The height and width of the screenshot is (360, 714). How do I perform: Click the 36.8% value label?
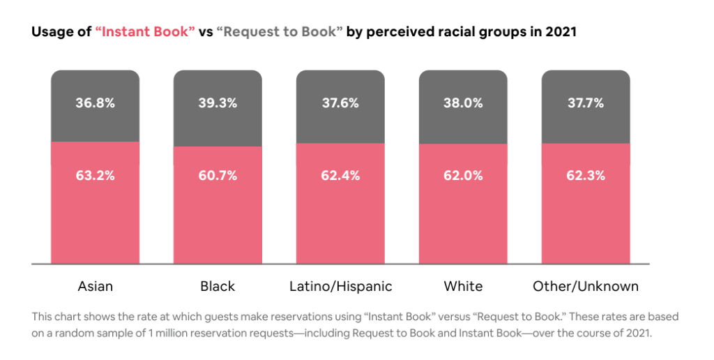click(95, 103)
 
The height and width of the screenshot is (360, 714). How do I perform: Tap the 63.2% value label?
click(95, 176)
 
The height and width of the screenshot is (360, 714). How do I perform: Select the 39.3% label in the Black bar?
click(218, 103)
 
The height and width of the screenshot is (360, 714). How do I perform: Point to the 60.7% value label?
click(218, 176)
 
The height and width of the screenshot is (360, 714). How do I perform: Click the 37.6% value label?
click(340, 103)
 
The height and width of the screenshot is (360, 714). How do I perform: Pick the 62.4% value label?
click(340, 176)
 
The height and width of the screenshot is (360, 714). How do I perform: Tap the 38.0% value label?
click(463, 103)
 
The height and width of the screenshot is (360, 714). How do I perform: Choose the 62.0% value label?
click(463, 176)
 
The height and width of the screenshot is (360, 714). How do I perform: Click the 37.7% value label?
click(586, 103)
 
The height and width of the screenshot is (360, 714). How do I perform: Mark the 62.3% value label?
click(586, 176)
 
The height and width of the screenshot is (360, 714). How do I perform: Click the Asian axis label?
click(95, 286)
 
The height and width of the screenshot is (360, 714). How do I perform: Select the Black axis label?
click(218, 286)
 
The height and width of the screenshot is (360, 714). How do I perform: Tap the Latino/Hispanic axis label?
click(340, 286)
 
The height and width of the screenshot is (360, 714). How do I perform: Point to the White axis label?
click(463, 286)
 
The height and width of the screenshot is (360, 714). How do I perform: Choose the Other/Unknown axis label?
click(586, 286)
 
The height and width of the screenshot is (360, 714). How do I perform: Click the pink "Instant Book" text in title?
click(145, 33)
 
